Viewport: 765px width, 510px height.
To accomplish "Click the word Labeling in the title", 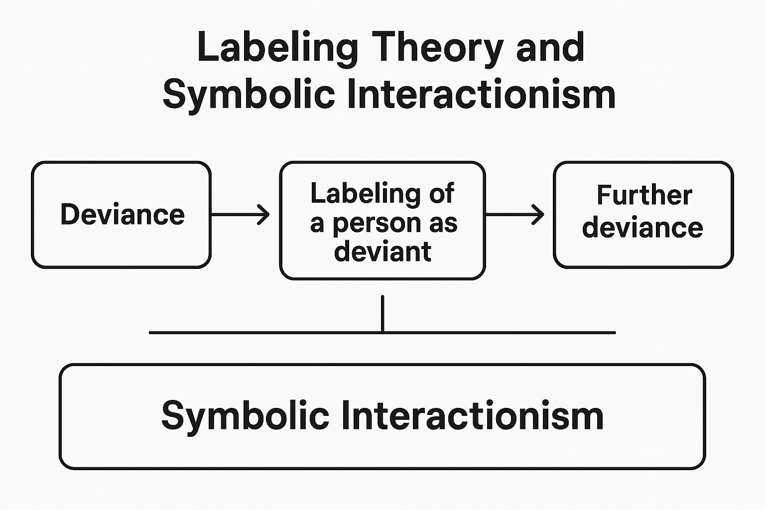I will (277, 48).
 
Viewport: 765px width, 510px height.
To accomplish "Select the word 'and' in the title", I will (550, 48).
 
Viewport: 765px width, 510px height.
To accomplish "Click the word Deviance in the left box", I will (123, 215).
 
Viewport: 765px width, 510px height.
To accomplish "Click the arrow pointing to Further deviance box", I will (514, 215).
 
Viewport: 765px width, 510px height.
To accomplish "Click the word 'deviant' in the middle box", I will (382, 252).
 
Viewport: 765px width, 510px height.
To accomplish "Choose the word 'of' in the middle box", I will (441, 194).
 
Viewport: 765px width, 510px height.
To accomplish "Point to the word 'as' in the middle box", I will (443, 223).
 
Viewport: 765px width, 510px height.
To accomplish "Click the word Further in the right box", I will (644, 195).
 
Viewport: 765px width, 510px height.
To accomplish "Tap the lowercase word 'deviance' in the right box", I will (642, 228).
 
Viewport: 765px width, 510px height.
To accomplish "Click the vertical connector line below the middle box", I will (382, 314).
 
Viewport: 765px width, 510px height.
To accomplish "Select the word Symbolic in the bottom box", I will (245, 416).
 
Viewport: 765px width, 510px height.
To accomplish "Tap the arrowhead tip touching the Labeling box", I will (268, 215).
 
